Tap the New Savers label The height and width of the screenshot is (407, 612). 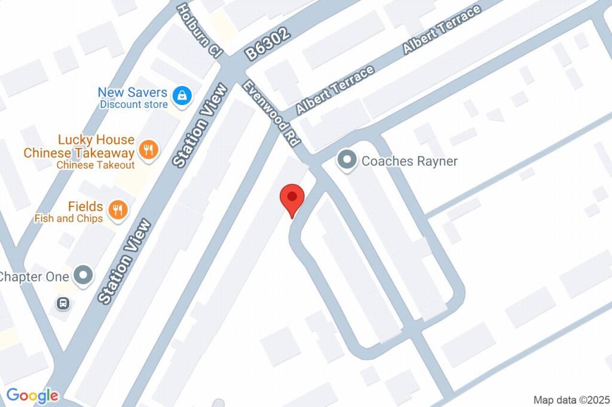(132, 92)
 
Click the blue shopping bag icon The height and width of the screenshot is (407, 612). (181, 94)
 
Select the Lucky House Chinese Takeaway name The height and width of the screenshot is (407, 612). (79, 146)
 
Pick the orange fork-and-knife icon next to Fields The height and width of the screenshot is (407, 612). (119, 209)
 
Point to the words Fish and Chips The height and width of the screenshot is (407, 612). (68, 218)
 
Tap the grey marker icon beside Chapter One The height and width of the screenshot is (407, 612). (84, 276)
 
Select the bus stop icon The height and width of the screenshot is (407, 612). (63, 304)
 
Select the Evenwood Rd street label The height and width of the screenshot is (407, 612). (271, 114)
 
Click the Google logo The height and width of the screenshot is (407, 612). (32, 395)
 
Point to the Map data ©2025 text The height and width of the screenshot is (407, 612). (571, 399)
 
